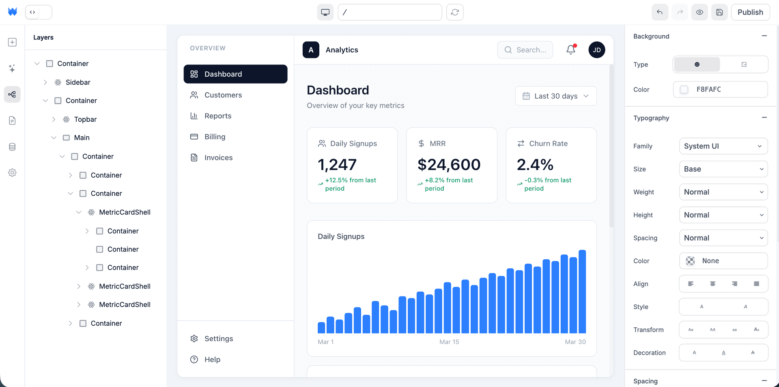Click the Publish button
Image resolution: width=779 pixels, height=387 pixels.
[x=750, y=12]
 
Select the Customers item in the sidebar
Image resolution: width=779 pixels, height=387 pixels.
[x=223, y=95]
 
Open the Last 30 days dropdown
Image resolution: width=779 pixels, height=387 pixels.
[x=555, y=96]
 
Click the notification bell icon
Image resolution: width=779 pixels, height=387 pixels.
[x=570, y=49]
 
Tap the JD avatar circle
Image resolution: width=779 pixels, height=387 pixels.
[x=596, y=50]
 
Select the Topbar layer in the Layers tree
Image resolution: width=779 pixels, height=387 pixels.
[x=85, y=119]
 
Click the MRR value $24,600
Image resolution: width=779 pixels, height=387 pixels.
[x=449, y=165]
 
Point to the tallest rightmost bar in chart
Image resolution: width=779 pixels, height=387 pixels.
[x=582, y=291]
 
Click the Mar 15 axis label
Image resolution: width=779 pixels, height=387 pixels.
[x=449, y=342]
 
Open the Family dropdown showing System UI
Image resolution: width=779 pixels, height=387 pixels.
[x=723, y=146]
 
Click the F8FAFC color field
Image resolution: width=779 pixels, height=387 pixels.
[x=720, y=89]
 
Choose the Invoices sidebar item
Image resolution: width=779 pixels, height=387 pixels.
[x=218, y=158]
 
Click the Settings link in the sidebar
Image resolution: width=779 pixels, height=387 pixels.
[x=218, y=339]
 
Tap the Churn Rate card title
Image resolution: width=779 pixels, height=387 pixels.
[x=548, y=144]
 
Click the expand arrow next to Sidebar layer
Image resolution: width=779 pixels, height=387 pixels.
[x=45, y=82]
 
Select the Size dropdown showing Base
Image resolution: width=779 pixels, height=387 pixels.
[x=723, y=169]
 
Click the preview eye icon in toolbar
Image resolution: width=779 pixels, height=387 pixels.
[x=699, y=12]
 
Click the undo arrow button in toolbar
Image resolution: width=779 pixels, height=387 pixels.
[x=659, y=12]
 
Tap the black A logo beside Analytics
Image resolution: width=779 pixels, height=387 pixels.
[x=311, y=50]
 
